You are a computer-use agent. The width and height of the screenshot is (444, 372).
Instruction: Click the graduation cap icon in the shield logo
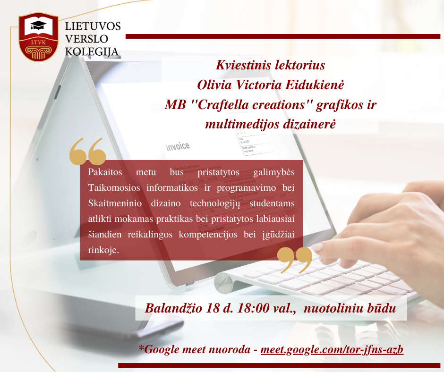(38, 25)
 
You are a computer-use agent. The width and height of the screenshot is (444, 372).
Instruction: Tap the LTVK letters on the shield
(38, 42)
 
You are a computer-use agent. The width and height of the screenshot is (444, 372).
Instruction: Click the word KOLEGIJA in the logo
(92, 52)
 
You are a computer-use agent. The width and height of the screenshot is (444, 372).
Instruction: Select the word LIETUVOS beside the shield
(93, 26)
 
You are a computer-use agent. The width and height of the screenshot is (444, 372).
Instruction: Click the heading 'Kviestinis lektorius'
(271, 65)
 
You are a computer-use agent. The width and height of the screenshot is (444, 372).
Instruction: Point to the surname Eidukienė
(314, 85)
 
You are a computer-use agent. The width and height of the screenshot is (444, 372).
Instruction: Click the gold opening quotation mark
(87, 152)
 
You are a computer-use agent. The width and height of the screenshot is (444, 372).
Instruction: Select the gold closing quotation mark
(295, 261)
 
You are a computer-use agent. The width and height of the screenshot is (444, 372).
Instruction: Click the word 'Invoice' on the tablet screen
(178, 146)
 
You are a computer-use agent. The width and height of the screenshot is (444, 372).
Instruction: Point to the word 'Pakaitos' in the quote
(105, 172)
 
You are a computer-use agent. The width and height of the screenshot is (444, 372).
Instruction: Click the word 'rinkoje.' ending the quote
(103, 250)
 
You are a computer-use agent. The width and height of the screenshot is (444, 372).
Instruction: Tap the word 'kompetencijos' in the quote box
(208, 235)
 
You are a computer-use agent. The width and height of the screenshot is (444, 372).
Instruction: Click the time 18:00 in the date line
(253, 308)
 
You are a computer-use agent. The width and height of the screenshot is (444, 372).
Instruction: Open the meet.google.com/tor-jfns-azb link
(332, 350)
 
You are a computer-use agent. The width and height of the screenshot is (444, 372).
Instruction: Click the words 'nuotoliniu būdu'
(350, 308)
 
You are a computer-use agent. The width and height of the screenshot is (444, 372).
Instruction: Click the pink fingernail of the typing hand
(317, 247)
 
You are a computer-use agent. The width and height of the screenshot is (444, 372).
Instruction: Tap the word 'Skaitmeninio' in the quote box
(115, 203)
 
